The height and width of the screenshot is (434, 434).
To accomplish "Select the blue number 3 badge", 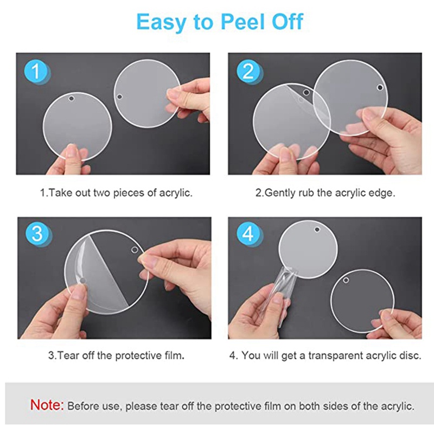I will tap(36, 234).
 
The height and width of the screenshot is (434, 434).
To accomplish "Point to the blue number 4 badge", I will tap(248, 234).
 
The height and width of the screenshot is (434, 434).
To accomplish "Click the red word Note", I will tap(47, 405).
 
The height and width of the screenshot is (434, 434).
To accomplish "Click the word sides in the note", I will tap(336, 406).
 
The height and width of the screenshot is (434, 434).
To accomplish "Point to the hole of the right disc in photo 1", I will tap(119, 97).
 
